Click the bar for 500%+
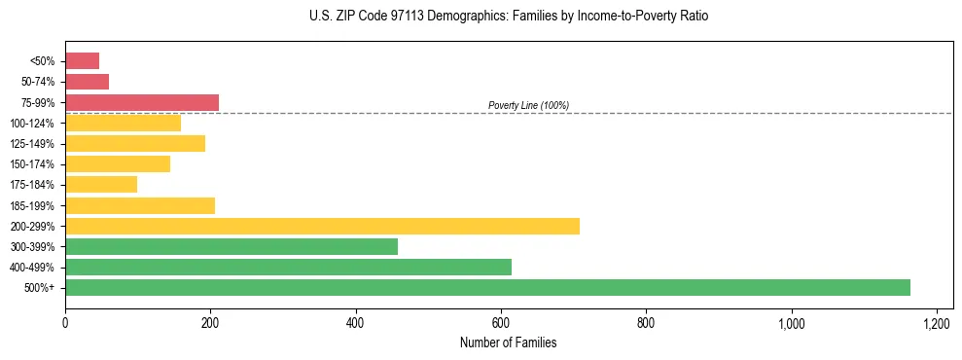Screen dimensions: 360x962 point(487,287)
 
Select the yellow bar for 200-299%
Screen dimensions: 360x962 point(322,226)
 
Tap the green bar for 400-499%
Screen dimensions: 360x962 point(288,267)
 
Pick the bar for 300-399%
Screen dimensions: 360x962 point(232,246)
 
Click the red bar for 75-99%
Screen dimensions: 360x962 point(142,102)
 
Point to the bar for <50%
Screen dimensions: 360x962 point(82,61)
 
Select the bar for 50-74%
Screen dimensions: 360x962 point(87,82)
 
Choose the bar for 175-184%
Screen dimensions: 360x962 point(101,184)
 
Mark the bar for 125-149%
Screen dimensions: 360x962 point(135,143)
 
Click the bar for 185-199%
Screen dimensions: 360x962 point(140,205)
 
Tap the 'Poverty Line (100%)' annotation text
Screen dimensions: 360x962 point(528,105)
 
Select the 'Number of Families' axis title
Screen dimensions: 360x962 point(509,343)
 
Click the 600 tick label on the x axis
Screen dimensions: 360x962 point(501,323)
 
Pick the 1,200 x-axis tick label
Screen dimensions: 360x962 point(936,323)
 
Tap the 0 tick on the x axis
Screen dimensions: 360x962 point(65,323)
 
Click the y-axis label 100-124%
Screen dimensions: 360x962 point(32,124)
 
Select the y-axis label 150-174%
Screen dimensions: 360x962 point(32,164)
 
